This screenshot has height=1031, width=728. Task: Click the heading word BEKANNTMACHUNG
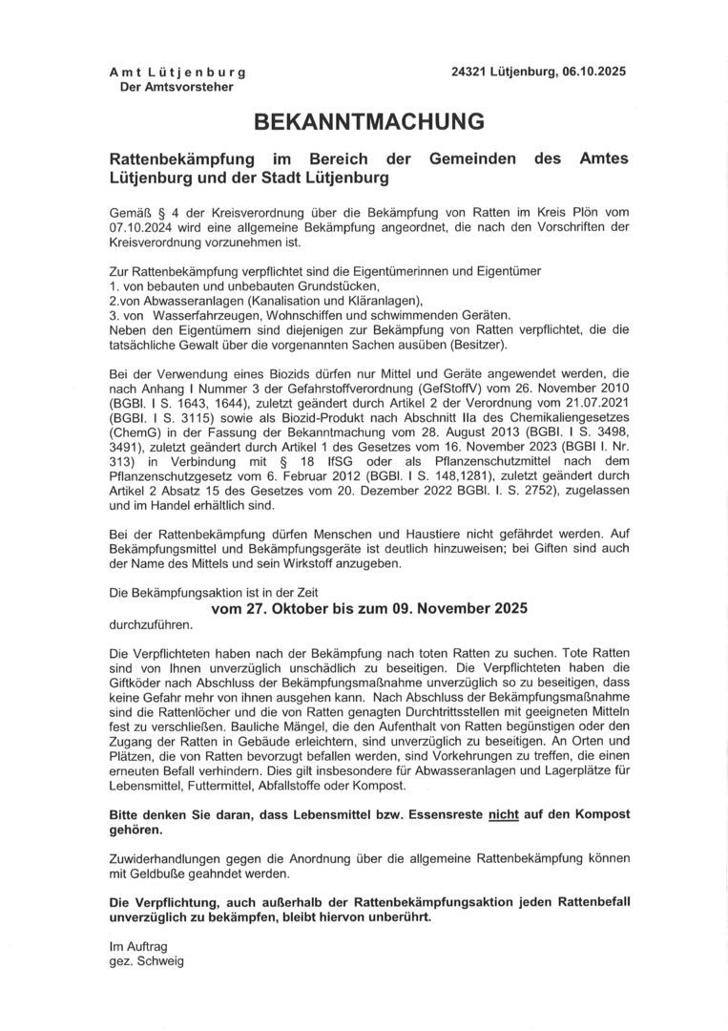tap(368, 121)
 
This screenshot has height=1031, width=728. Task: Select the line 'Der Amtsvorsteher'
tap(176, 87)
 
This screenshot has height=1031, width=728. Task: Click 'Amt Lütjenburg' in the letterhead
tap(177, 73)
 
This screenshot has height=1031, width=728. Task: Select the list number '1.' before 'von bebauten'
tap(114, 286)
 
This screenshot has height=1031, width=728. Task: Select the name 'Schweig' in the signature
tap(161, 961)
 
